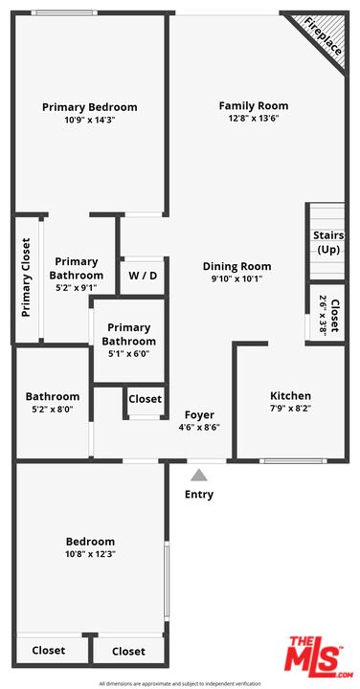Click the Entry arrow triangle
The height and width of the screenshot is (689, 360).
click(199, 475)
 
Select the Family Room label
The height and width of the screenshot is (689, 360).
click(254, 106)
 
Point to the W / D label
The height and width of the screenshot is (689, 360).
click(143, 276)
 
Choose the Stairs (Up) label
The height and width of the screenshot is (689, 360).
click(327, 242)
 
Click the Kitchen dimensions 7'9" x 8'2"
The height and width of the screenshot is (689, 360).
click(290, 409)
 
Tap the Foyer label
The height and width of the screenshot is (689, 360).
click(199, 415)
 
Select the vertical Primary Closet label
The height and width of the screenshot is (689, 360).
click(27, 278)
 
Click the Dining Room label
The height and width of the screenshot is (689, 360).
click(236, 266)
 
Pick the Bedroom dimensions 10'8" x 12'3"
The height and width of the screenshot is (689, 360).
click(90, 554)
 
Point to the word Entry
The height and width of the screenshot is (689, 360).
click(199, 495)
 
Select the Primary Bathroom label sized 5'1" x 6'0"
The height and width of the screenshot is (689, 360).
click(129, 334)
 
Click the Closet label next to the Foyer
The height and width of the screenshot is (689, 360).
click(146, 399)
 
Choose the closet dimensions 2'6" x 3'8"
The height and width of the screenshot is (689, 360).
click(323, 316)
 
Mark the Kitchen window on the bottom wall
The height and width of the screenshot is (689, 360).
click(293, 461)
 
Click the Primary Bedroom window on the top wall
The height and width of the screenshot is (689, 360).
click(64, 12)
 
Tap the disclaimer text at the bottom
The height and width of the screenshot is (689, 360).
click(180, 683)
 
